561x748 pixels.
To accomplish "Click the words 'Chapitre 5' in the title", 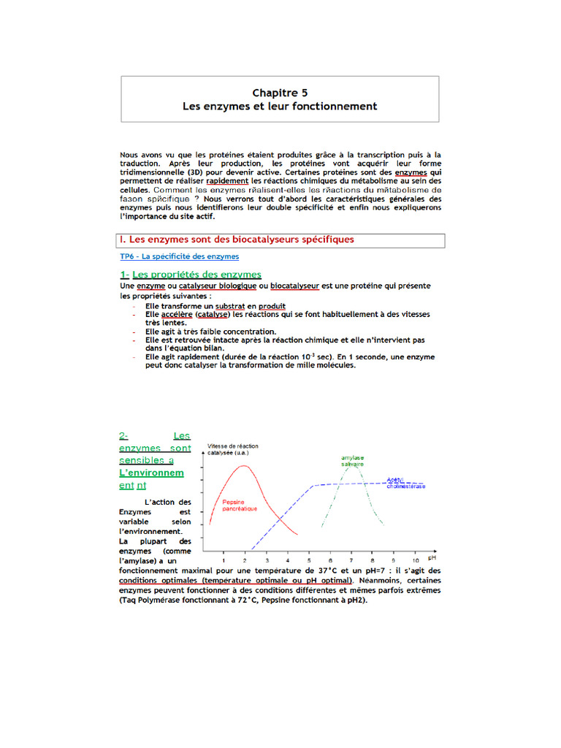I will [x=280, y=93].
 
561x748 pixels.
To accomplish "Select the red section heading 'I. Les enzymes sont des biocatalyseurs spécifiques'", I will [x=237, y=240].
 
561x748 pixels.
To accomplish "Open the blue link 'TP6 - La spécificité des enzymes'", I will [x=179, y=256].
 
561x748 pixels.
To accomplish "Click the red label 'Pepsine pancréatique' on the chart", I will [x=240, y=505].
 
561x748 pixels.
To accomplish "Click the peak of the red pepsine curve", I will [x=244, y=465].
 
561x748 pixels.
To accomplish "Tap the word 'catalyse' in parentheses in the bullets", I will [x=211, y=314].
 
